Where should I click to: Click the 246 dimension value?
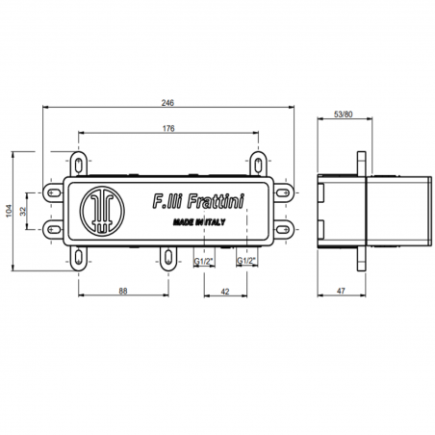coord(167,103)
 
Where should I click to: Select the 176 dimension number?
coord(168,128)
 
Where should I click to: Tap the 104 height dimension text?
coord(9,211)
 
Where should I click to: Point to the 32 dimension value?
coord(23,211)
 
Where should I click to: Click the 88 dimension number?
coord(123,291)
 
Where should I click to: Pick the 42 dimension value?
coord(225,292)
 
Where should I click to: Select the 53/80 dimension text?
coord(343,115)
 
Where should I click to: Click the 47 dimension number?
coord(341,291)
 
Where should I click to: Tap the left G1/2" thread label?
coord(204,262)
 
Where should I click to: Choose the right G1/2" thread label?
coord(246,261)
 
